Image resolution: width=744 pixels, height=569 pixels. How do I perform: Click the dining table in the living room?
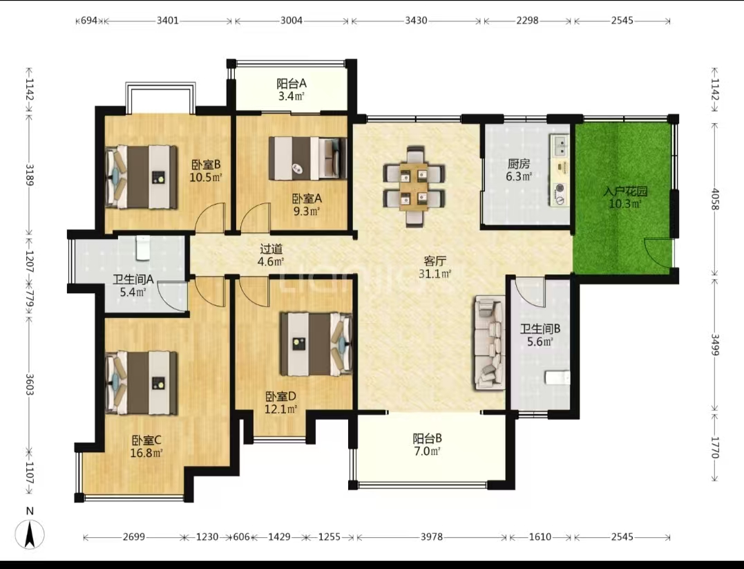point(414,187)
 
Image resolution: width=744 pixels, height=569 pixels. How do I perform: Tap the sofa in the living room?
point(488,343)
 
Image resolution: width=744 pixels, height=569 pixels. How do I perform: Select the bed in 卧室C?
point(142,382)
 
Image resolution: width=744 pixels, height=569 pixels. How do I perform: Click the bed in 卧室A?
point(308,158)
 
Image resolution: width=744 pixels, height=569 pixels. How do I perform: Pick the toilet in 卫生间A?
point(143,248)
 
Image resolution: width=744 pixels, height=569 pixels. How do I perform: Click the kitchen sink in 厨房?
point(560,145)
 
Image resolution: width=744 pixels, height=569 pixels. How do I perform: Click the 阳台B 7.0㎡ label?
point(427,445)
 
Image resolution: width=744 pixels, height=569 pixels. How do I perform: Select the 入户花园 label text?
point(625,192)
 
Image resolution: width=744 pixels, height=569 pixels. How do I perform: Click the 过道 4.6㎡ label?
point(271,255)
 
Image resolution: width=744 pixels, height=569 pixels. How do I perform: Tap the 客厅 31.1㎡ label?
point(435,268)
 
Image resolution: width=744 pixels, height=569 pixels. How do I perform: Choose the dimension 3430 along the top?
point(416,21)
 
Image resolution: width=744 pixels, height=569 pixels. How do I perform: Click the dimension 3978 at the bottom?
point(431,537)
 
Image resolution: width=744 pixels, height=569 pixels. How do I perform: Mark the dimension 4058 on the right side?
point(715,200)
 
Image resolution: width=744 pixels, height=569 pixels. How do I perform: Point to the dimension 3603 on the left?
point(30,384)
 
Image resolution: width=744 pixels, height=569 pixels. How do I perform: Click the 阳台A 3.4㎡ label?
point(292,91)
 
